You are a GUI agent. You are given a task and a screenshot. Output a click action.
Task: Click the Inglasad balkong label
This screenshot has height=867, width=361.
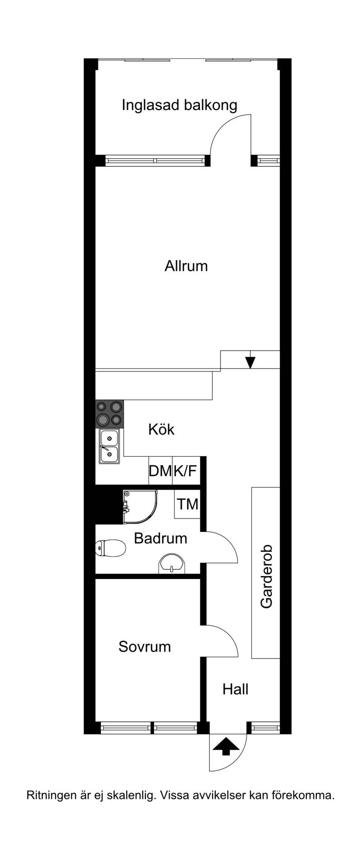coord(179,106)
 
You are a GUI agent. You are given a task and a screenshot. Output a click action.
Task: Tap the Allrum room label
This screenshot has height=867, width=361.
coord(186,266)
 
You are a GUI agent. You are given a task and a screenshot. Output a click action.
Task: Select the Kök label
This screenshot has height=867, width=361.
coord(161,429)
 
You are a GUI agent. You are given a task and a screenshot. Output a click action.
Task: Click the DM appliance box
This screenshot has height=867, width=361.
coord(161,471)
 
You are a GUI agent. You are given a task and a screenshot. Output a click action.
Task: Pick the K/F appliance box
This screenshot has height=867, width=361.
coord(186,471)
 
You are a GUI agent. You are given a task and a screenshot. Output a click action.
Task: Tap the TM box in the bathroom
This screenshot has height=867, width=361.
coord(187,504)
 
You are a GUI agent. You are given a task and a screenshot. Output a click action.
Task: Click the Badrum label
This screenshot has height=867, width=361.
coord(161,538)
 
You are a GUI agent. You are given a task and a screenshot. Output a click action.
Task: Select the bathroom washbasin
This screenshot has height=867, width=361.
coord(172,564)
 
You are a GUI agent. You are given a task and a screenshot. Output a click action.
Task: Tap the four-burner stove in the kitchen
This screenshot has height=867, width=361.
coord(110,413)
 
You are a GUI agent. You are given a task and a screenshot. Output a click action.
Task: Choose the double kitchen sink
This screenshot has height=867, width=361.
coord(109,446)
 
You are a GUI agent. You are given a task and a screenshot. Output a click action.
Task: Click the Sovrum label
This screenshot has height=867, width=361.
coord(144,647)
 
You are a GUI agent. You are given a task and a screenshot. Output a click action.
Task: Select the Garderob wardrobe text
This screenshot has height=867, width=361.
coord(266,577)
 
